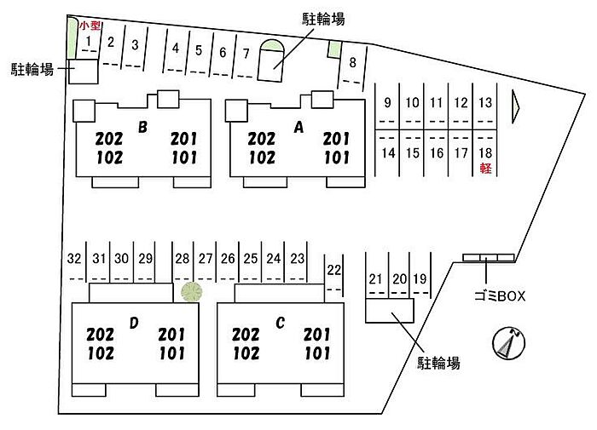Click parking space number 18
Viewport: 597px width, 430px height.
[485, 153]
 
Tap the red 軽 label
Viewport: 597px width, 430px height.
[485, 169]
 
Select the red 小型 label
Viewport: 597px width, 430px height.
[90, 26]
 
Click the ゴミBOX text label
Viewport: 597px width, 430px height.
[499, 296]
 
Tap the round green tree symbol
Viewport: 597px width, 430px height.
[191, 292]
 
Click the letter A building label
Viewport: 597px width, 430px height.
[298, 128]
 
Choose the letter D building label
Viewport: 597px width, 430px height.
[134, 322]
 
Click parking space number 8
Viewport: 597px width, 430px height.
[352, 61]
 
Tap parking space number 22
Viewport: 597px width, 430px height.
[333, 270]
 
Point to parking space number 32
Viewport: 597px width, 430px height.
[74, 258]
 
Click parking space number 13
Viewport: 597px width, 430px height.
[485, 103]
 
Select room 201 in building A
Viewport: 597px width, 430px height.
[338, 139]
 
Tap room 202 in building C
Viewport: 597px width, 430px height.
[246, 335]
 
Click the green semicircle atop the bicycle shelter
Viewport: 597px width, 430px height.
[274, 48]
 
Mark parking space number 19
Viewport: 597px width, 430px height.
[420, 278]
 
